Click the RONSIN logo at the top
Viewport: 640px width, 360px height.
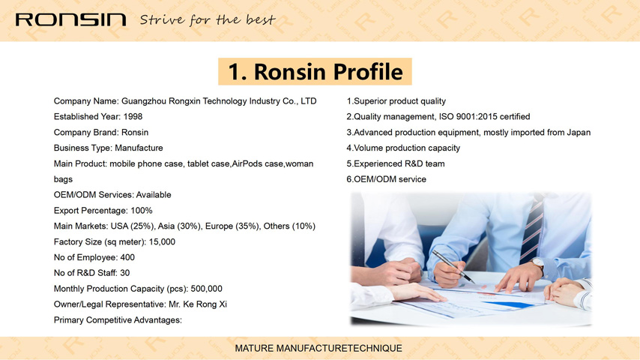coord(70,19)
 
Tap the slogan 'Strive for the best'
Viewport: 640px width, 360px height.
coord(208,19)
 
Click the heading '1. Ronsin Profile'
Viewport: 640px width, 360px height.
coord(315,71)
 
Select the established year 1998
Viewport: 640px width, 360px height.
coord(133,116)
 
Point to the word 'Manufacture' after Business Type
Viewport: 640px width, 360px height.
coord(139,148)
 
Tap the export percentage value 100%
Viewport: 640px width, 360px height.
coord(141,211)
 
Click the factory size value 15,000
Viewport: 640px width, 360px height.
coord(162,242)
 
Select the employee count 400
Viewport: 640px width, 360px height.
coord(127,257)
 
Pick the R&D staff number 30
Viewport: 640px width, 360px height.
coord(125,273)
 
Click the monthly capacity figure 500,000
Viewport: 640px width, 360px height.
coord(207,289)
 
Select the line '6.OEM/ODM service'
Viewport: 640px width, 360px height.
coord(386,179)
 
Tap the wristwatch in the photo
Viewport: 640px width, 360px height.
coord(537,264)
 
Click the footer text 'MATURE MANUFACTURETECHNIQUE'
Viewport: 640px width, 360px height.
coord(319,349)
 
